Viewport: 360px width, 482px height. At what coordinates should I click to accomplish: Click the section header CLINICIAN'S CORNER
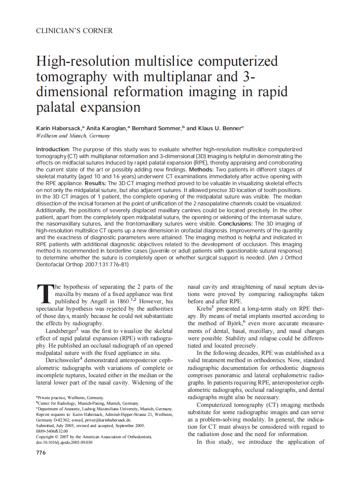[x=74, y=31]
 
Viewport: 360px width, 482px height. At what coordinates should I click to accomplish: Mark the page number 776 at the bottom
[x=41, y=453]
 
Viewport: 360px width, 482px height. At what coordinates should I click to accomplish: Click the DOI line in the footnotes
[x=64, y=442]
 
